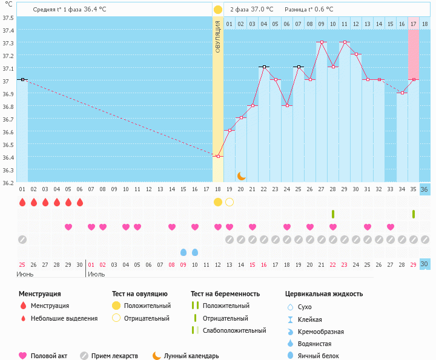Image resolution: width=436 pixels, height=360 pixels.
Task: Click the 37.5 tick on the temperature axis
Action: (8, 18)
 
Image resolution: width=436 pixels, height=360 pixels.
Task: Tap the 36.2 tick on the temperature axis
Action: (8, 183)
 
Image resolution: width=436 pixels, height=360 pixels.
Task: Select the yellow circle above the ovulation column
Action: (217, 9)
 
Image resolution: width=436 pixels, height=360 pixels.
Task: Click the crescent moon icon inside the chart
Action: (241, 175)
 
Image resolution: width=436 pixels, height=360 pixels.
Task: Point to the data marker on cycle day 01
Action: (22, 79)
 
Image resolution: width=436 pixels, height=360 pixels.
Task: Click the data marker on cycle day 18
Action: (218, 156)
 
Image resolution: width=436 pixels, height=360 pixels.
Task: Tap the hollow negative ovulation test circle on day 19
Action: (230, 201)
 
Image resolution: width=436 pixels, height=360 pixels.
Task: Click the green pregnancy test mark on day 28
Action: (333, 214)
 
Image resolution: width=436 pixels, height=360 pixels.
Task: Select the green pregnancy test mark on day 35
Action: (414, 214)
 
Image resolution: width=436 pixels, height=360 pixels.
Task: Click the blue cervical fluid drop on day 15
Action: (183, 252)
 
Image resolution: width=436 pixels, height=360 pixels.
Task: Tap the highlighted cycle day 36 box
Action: (424, 189)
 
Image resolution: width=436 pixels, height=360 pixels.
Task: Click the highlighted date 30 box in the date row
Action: (424, 264)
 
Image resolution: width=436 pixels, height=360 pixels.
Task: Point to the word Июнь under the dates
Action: (25, 274)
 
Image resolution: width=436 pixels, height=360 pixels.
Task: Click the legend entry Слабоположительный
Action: (234, 330)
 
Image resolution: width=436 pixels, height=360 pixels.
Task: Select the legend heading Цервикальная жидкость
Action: (324, 294)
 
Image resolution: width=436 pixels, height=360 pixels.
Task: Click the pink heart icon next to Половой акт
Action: (24, 356)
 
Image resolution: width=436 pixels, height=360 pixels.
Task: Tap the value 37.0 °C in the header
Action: (262, 9)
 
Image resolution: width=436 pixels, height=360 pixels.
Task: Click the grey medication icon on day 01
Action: (22, 239)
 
